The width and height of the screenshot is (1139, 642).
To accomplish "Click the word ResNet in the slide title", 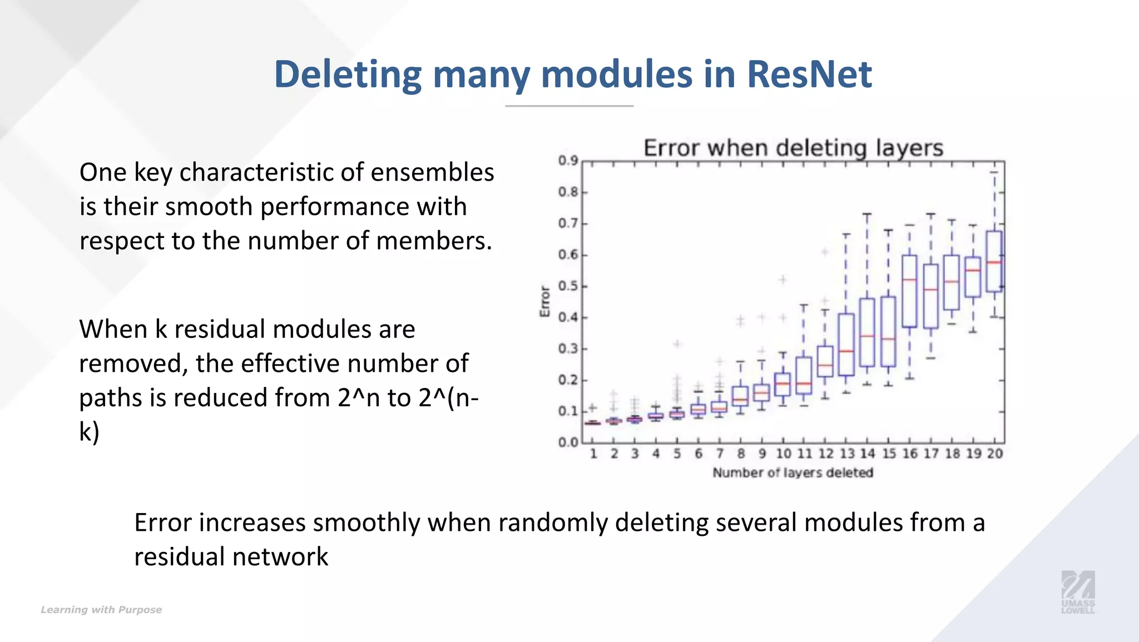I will click(x=809, y=74).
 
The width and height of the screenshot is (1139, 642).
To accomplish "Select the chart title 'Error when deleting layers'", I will click(x=793, y=148).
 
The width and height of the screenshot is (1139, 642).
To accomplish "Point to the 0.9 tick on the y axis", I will click(x=568, y=161).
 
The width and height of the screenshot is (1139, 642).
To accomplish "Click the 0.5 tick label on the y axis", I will click(x=568, y=286).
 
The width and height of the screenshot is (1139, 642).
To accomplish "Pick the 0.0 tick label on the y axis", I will click(x=568, y=442).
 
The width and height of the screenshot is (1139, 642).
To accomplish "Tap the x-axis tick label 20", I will click(x=995, y=454).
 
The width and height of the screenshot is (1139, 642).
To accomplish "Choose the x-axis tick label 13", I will click(x=846, y=454).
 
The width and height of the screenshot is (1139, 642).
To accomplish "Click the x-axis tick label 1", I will click(x=593, y=454).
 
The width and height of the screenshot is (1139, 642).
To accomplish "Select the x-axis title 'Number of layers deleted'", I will click(x=793, y=473).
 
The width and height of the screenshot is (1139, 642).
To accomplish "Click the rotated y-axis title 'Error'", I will click(x=544, y=302).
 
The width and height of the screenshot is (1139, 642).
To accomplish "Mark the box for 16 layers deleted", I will click(x=909, y=291).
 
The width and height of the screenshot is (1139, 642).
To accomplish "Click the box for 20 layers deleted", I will click(x=994, y=261).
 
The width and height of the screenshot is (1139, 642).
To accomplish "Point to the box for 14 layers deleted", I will click(x=867, y=332).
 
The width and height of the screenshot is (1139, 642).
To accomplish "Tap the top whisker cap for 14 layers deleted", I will click(x=867, y=214).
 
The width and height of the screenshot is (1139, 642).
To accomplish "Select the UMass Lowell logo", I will click(x=1078, y=592).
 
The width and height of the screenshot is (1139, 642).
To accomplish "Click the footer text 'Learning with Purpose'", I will click(x=101, y=610).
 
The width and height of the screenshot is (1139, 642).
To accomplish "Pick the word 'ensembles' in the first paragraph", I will click(x=432, y=172).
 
